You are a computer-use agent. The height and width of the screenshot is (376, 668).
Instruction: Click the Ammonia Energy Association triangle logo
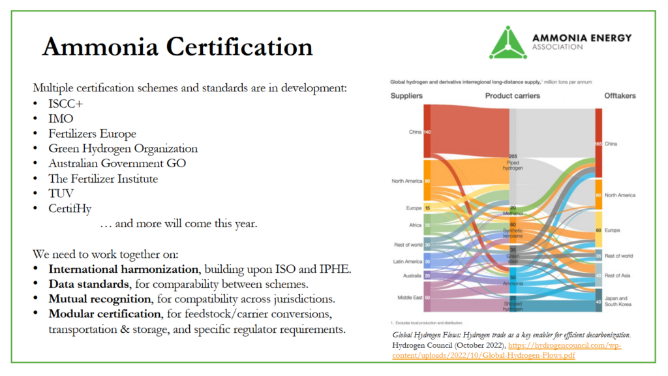508,42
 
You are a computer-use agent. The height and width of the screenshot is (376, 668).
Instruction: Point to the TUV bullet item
61,193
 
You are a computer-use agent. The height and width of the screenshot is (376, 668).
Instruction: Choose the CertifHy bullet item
70,208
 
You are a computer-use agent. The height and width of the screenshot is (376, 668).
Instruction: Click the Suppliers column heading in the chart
406,96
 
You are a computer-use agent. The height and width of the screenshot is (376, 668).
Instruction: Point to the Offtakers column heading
619,96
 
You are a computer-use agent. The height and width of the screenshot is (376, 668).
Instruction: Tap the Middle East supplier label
408,297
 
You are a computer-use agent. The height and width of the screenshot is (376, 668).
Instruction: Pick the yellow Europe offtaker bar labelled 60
598,230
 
